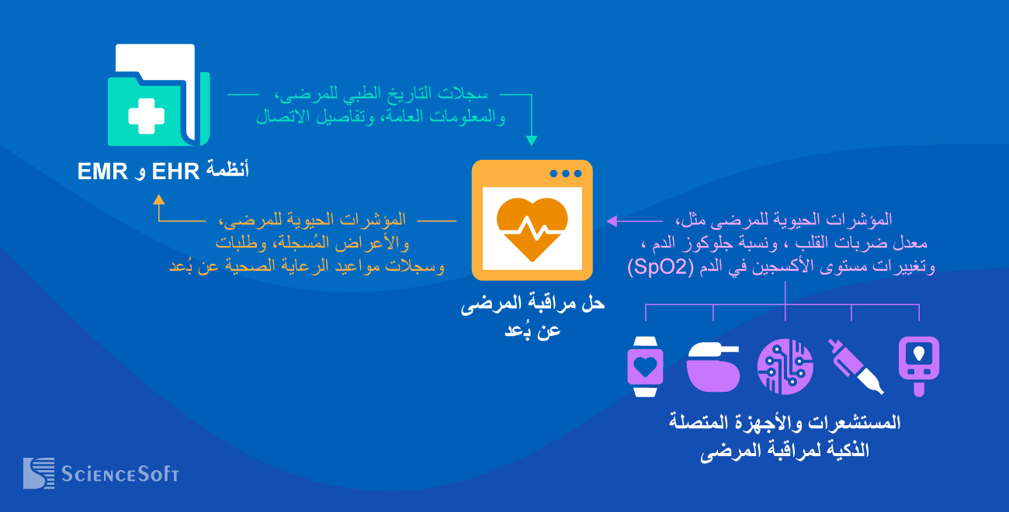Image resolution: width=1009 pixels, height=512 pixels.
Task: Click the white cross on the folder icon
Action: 146,117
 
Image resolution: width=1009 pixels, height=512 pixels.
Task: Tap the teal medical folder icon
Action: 158,96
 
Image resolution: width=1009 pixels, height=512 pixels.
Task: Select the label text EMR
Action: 102,171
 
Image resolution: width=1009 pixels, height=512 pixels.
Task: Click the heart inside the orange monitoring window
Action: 532,228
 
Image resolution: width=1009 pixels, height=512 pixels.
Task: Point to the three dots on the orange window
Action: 565,173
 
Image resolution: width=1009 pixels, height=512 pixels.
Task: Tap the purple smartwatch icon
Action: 646,366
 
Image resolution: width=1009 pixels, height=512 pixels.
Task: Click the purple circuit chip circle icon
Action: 785,366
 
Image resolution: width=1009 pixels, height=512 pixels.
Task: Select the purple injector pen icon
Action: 855,366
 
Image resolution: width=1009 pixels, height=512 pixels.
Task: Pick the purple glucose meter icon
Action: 919,366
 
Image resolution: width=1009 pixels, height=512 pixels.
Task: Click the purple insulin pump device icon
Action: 714,366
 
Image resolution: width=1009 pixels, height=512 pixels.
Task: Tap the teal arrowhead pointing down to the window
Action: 532,140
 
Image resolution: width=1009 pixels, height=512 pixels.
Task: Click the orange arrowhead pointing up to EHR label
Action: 159,199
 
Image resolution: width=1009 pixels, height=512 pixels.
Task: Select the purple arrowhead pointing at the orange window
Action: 612,221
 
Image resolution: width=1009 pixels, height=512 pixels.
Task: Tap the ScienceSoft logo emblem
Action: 38,472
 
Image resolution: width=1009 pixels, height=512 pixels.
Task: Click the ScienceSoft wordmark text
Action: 120,473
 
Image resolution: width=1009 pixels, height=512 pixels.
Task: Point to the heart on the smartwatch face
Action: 646,364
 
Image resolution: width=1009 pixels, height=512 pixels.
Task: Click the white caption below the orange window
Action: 532,317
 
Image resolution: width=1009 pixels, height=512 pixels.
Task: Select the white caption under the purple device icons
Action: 785,436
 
